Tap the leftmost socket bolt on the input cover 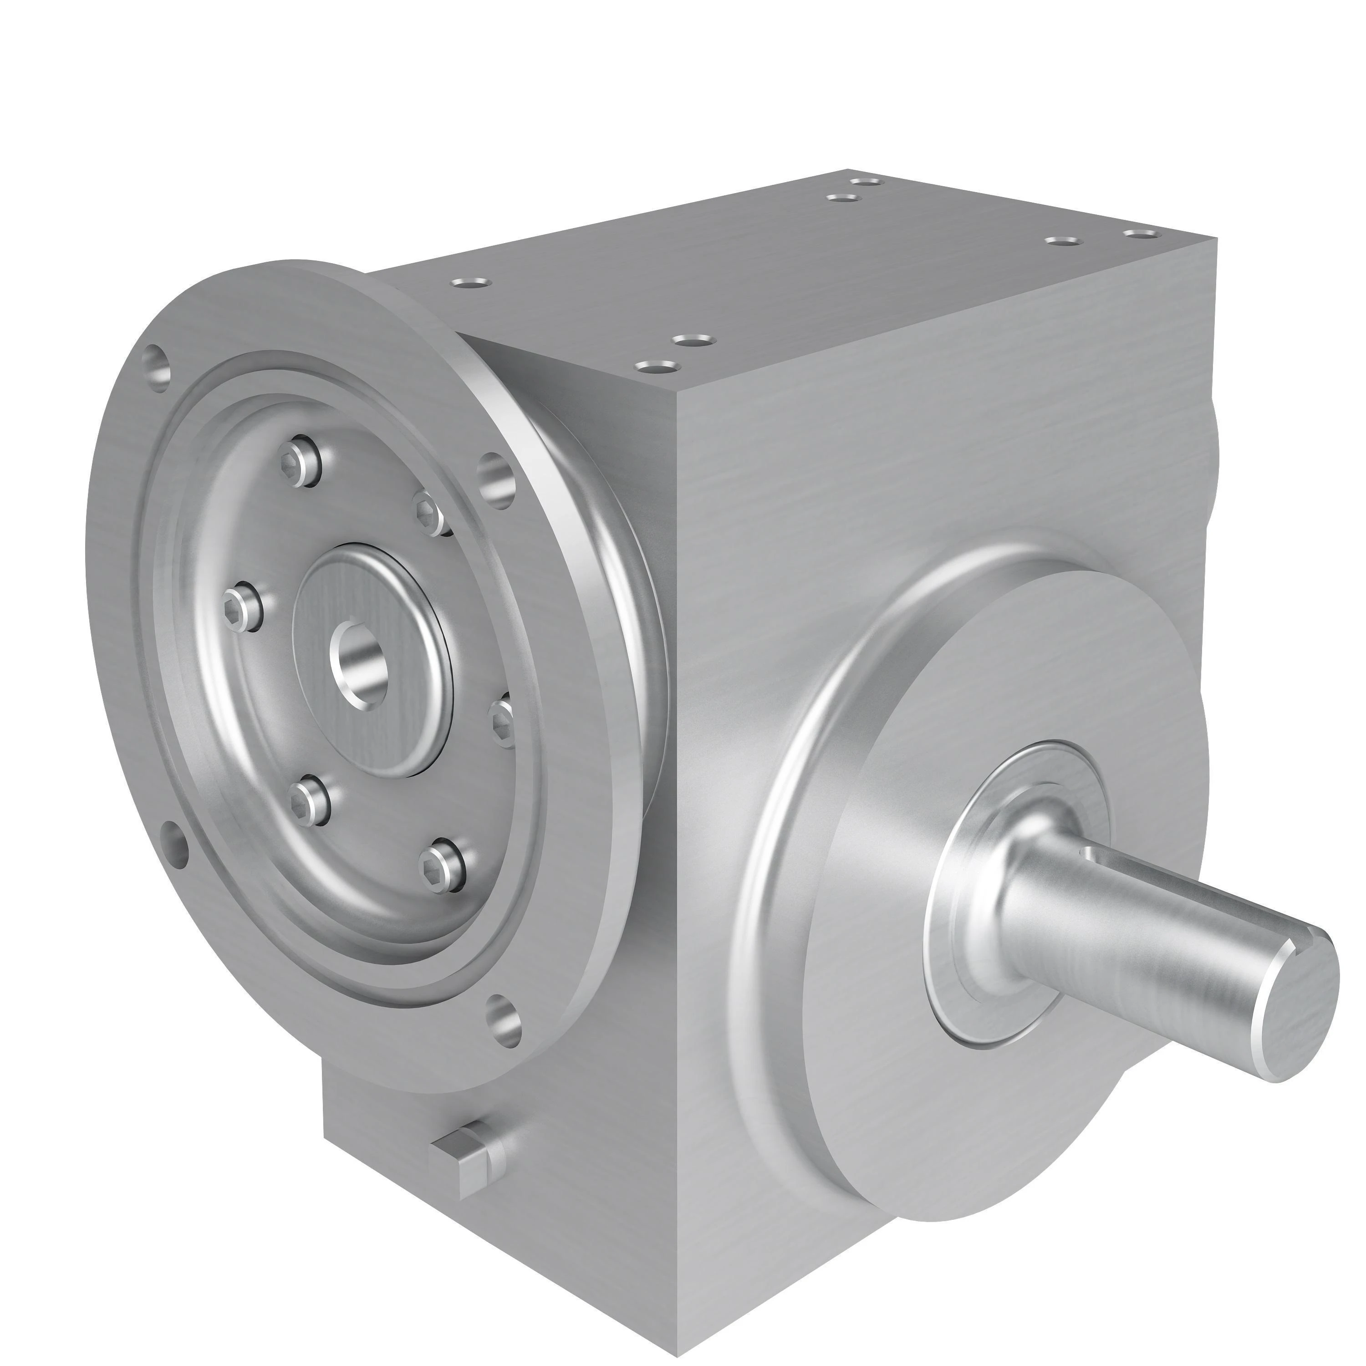pyautogui.click(x=243, y=605)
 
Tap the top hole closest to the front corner pyautogui.click(x=658, y=366)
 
